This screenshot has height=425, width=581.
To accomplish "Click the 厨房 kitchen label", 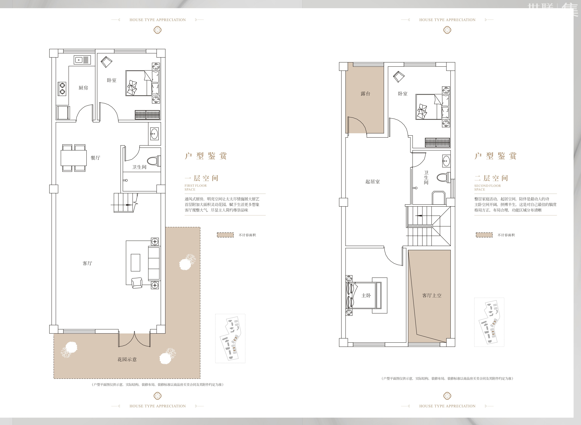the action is tap(83, 88).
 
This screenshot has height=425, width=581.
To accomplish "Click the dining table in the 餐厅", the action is tap(73, 158).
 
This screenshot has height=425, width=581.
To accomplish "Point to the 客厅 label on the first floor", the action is tap(87, 263).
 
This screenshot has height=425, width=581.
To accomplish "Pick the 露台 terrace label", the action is tap(365, 94).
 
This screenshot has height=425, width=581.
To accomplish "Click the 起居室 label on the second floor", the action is tap(373, 182).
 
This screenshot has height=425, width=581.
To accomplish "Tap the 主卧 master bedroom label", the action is tap(366, 296).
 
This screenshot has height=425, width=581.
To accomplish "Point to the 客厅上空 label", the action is tap(432, 296).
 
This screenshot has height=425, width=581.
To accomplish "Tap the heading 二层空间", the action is tap(491, 178).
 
